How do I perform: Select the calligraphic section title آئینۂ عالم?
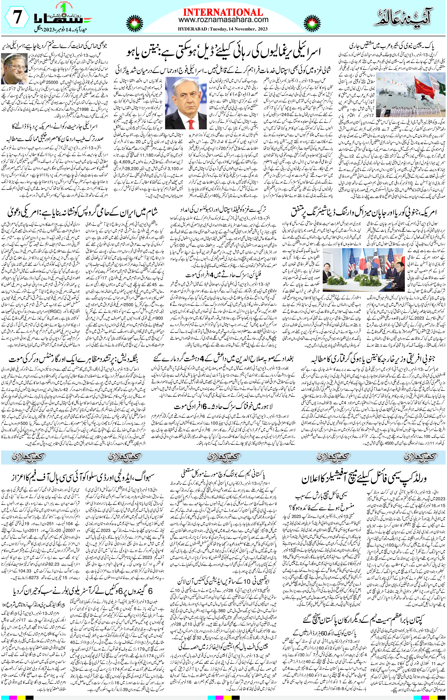coord(404,17)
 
